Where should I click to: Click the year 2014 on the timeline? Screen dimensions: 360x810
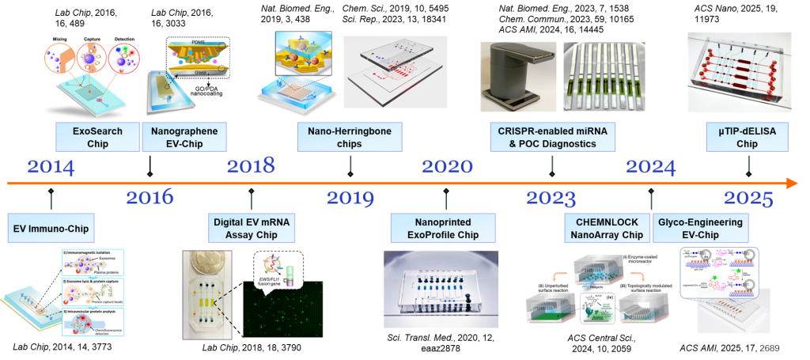coord(51,168)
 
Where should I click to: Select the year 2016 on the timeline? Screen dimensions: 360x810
coord(150,197)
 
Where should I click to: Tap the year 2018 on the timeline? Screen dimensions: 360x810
coord(251,166)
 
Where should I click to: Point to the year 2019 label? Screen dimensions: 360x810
coord(350,197)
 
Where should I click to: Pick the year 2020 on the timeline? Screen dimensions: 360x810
coord(447,167)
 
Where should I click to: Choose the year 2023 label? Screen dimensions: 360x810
coord(551,197)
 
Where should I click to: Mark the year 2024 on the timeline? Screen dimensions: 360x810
coord(650,167)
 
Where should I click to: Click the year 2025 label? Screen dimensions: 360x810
coord(748,197)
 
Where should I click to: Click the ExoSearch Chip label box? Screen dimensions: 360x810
coord(97,136)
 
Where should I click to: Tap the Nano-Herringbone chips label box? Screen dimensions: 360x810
coord(350,136)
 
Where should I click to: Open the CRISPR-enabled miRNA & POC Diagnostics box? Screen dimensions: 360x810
coord(552,136)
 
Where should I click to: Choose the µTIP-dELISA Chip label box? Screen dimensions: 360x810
coord(748,136)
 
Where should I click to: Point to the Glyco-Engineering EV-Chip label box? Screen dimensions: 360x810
coord(700,228)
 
